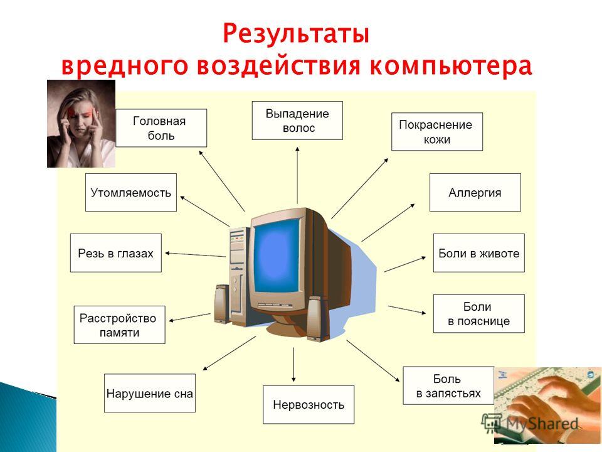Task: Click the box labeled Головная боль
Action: pos(161,128)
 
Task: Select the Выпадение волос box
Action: pos(297,121)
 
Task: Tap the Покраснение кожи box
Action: pos(437,131)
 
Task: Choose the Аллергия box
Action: pos(475,192)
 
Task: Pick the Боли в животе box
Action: pos(478,253)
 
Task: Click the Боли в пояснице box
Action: pos(478,314)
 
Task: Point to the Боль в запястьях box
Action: pos(448,385)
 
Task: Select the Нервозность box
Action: pos(309,405)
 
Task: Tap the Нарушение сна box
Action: pos(150,393)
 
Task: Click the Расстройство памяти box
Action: pos(119,325)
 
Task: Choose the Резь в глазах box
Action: pos(115,253)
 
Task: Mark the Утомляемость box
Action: pos(131,192)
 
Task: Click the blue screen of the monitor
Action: pos(277,256)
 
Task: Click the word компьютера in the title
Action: pos(451,66)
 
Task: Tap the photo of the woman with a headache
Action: pos(81,124)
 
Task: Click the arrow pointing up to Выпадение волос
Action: pos(297,175)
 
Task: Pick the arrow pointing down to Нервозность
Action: pos(293,365)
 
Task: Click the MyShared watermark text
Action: pos(530,424)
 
